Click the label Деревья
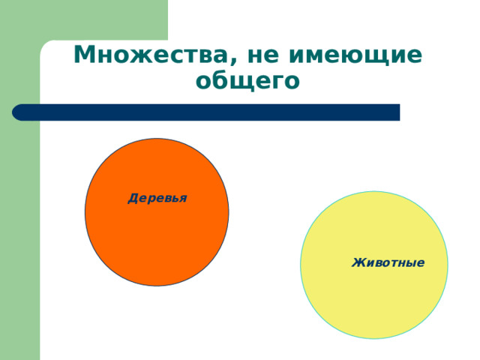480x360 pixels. pos(157,198)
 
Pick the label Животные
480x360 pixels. pos(388,262)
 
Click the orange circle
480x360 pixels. pos(157,232)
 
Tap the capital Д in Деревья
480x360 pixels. pos(133,199)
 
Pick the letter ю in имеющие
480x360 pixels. pos(370,55)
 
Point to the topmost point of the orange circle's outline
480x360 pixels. pos(157,139)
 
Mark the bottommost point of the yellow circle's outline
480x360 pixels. pos(374,338)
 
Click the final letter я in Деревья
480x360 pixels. pos(182,199)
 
